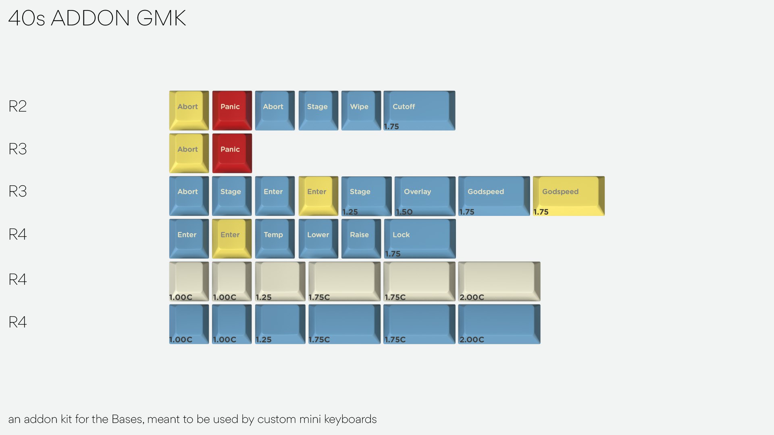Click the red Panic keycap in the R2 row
232,110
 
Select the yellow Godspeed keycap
568,196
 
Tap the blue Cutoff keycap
419,110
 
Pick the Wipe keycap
361,110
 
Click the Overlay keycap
425,196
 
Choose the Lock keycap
419,238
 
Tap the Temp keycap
275,238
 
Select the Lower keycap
318,238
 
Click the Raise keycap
361,238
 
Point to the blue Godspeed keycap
494,196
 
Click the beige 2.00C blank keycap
499,281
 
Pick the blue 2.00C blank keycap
499,324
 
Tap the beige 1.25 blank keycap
280,281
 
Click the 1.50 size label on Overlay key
404,212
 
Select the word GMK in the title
161,18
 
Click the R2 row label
18,106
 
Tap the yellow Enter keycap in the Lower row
232,238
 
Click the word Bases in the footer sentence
127,419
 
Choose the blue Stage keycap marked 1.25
366,196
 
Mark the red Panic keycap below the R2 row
232,153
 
